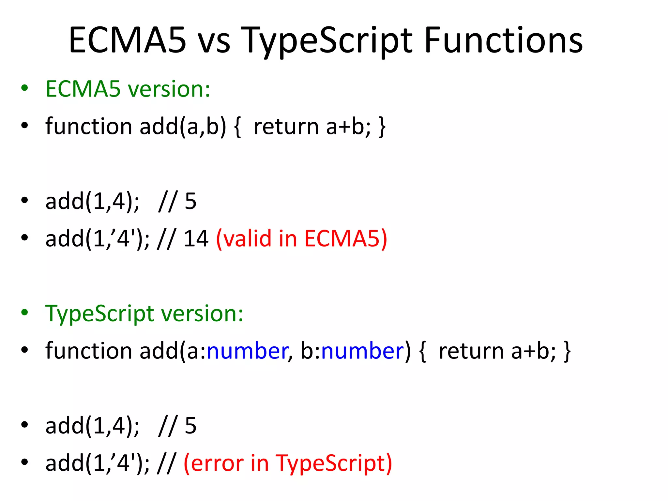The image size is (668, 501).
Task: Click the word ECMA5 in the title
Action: pyautogui.click(x=127, y=40)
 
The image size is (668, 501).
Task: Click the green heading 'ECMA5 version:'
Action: pyautogui.click(x=128, y=89)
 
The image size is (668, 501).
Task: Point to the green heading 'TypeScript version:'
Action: pyautogui.click(x=144, y=313)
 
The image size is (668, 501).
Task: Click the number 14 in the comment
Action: pyautogui.click(x=196, y=238)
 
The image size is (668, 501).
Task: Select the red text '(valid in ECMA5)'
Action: pyautogui.click(x=301, y=238)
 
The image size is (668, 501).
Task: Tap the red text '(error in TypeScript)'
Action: pyautogui.click(x=287, y=463)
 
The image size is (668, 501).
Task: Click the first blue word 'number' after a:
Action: pyautogui.click(x=247, y=351)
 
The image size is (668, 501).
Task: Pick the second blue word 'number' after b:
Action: pyautogui.click(x=362, y=351)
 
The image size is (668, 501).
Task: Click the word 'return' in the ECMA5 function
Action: pyautogui.click(x=286, y=127)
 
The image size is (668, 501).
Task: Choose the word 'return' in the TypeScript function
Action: pyautogui.click(x=471, y=351)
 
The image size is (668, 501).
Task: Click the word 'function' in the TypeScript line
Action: pyautogui.click(x=88, y=351)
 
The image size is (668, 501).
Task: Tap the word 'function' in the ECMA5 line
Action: pyautogui.click(x=88, y=127)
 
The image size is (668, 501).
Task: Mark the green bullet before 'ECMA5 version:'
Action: pyautogui.click(x=24, y=88)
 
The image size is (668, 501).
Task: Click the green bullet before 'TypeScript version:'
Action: pyautogui.click(x=24, y=312)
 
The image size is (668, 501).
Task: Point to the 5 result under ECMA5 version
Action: pyautogui.click(x=190, y=201)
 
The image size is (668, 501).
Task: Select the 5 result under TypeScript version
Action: pyautogui.click(x=190, y=426)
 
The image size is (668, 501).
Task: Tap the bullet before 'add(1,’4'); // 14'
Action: pyautogui.click(x=24, y=238)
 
